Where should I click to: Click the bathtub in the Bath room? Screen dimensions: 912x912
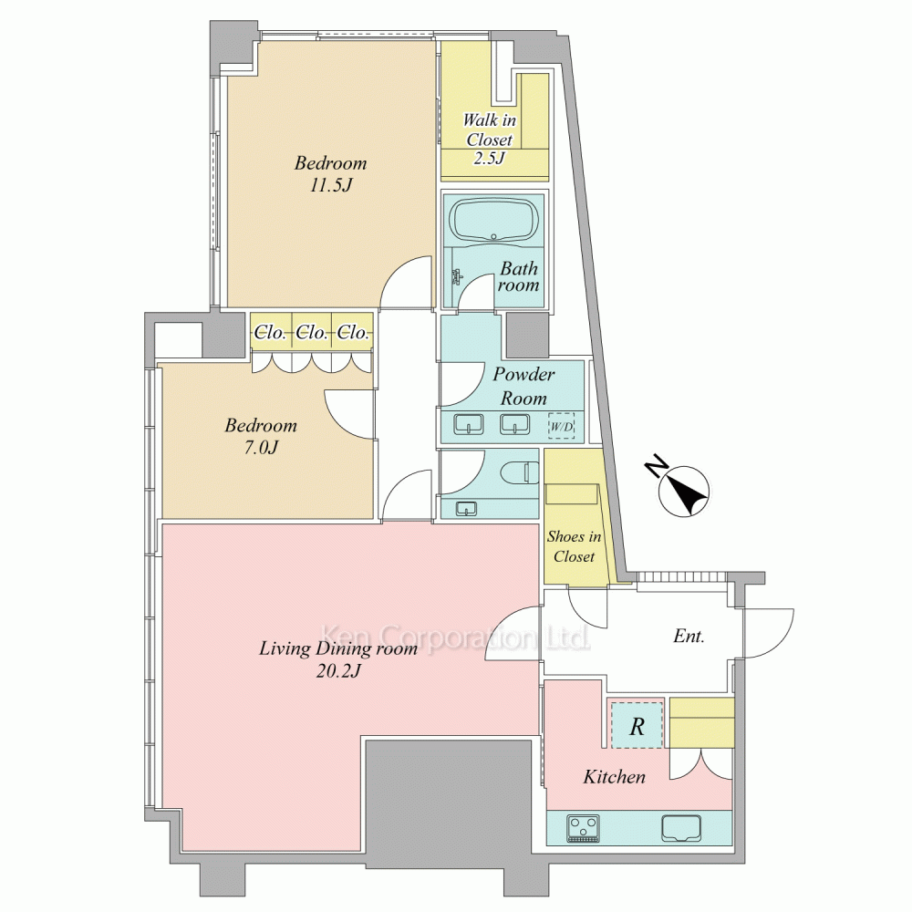493,221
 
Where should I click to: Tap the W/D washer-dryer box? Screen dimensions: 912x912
561,426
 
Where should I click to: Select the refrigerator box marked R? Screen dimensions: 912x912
637,725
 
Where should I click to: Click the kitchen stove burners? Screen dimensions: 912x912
584,828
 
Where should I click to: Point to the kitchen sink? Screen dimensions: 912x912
681,828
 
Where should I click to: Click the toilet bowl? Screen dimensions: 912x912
522,472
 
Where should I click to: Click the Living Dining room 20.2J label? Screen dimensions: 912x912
338,659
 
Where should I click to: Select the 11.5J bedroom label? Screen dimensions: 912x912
330,173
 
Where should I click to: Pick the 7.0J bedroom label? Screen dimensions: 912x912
261,436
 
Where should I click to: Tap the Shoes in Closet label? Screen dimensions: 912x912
574,546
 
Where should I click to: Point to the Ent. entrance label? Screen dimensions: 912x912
689,636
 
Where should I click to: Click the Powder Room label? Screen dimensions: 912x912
523,386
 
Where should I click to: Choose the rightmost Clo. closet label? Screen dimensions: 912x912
353,332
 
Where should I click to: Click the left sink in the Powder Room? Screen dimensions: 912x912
468,424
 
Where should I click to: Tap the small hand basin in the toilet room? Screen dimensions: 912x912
466,508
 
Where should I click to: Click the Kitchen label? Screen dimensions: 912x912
614,776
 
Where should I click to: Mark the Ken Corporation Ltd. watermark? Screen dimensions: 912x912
455,637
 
